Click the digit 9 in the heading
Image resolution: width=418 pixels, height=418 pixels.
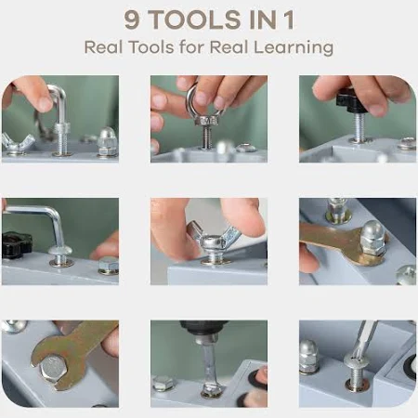pos(132,20)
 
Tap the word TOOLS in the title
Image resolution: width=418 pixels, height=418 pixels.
pos(194,20)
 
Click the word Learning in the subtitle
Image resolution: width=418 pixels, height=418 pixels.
pos(294,47)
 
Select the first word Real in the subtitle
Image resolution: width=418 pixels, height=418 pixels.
pos(103,47)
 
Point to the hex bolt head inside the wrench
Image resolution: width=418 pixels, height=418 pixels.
pos(53,369)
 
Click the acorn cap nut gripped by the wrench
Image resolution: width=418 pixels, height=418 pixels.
pos(373,237)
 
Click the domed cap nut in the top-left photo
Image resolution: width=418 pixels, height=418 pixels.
pos(108,141)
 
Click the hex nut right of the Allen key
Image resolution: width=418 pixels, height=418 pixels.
pos(109,265)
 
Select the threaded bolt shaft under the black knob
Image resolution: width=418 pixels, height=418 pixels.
pos(359,126)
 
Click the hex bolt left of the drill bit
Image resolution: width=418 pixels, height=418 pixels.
pos(163,383)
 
